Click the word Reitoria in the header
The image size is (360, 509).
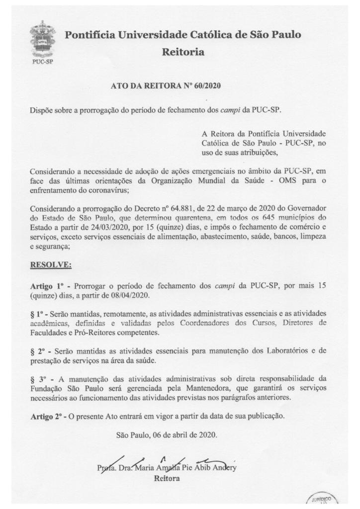(x=183, y=52)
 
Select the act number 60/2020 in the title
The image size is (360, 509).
(x=205, y=85)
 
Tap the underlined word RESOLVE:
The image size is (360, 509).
(x=51, y=265)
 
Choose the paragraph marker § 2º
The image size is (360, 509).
(x=38, y=351)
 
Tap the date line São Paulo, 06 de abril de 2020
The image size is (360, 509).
(x=167, y=435)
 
